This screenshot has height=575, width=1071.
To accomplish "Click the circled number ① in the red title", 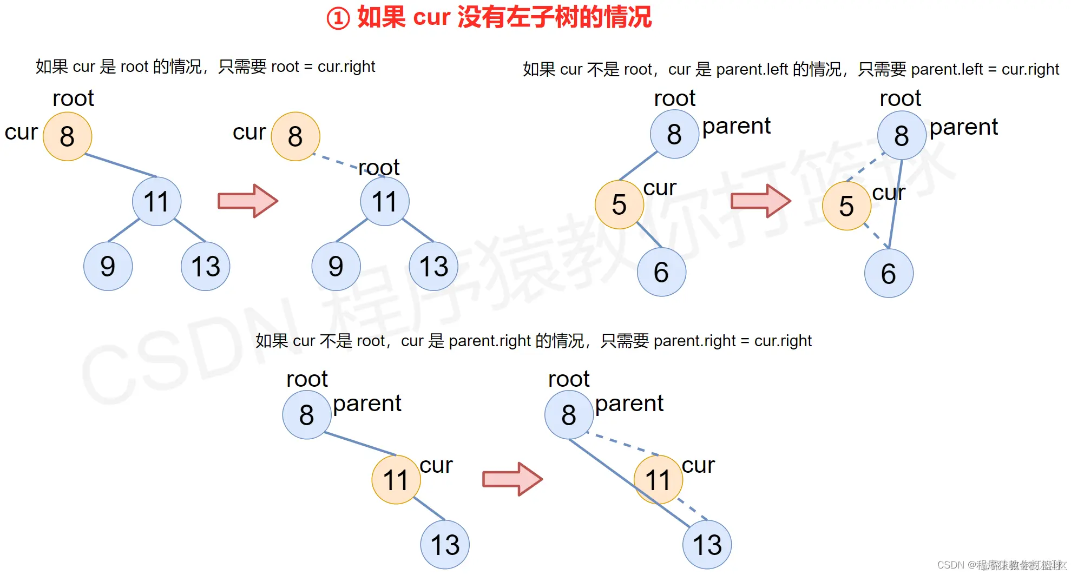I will (338, 18).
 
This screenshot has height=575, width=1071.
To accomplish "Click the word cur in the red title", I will (431, 17).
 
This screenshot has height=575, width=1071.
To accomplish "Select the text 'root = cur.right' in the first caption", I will (323, 67).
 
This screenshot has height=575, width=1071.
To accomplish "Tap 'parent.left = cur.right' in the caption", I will (985, 69).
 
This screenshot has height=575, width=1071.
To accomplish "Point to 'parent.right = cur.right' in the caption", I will (732, 341).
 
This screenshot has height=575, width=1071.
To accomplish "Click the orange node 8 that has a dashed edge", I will (295, 136).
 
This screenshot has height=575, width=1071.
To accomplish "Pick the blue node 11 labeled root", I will (385, 202).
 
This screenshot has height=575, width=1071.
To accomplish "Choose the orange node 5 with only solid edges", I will (619, 204).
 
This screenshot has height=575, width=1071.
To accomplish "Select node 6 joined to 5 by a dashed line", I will (889, 273).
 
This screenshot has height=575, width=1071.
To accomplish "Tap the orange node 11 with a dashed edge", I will (658, 480).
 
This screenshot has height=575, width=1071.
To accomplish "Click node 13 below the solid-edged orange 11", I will (445, 545).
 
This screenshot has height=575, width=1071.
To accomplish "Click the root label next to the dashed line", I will (379, 168).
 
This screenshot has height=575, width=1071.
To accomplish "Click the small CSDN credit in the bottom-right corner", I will (1001, 565).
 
